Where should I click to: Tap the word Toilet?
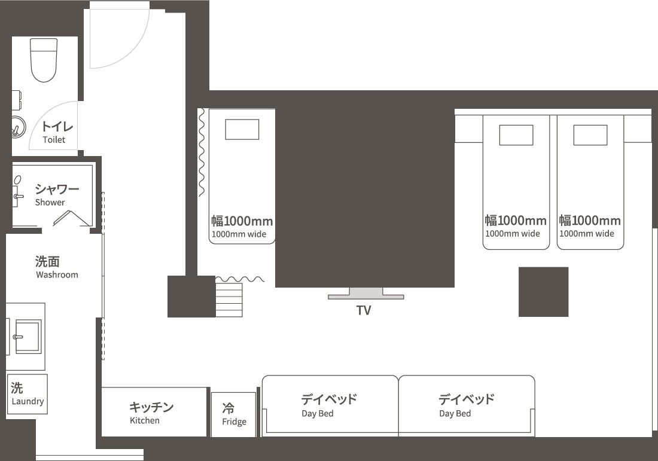click(x=54, y=140)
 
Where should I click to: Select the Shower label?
click(x=50, y=203)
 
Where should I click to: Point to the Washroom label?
click(x=57, y=275)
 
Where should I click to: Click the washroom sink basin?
click(x=28, y=337)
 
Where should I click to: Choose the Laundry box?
click(x=28, y=395)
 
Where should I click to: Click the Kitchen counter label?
click(x=145, y=420)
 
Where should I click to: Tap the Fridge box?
click(x=234, y=414)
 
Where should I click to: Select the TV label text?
click(x=364, y=310)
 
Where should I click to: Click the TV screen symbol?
click(x=365, y=294)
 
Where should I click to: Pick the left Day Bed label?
click(x=318, y=413)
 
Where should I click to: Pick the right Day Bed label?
click(x=455, y=413)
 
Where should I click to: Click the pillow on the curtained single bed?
click(x=242, y=129)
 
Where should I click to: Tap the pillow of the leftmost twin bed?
click(x=516, y=135)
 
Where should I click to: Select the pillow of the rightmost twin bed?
click(x=590, y=135)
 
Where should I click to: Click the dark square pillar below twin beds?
click(x=543, y=292)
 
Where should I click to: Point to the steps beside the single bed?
click(x=229, y=300)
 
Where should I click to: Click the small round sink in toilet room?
click(x=17, y=127)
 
